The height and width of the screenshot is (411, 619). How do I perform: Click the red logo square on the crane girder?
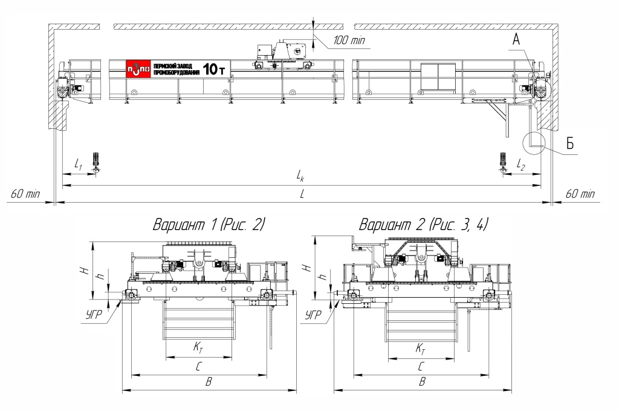pos(138,69)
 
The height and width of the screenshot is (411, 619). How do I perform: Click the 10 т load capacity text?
pos(214,70)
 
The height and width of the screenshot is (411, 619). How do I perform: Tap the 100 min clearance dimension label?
pos(349,40)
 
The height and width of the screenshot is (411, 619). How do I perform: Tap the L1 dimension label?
pos(78,163)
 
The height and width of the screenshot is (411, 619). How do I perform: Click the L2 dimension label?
pos(521,165)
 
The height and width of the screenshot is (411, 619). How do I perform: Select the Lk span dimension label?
pos(300,176)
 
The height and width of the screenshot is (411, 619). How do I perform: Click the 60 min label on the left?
pos(25,194)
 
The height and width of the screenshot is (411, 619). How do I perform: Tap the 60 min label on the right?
pos(580,194)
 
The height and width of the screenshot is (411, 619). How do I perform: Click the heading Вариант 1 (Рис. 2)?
pos(209,225)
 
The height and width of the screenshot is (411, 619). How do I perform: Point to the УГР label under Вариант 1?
pos(94,315)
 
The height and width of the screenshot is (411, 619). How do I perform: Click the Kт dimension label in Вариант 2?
pos(421,349)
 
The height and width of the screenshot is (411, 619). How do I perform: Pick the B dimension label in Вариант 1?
pos(209,382)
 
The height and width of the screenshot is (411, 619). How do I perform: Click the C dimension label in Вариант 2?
pos(421,366)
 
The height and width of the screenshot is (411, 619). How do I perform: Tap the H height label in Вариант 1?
pos(84,271)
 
